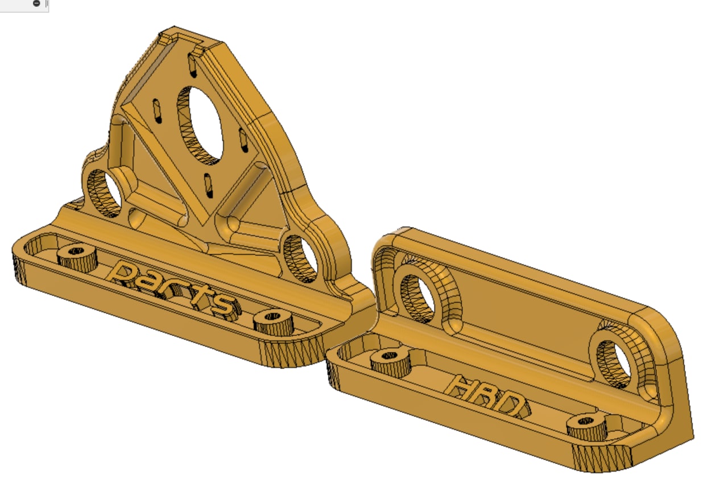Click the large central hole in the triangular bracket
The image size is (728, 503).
[200, 126]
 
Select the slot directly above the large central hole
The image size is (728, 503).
[192, 66]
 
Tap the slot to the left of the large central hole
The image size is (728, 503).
[158, 111]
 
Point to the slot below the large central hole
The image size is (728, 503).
[209, 185]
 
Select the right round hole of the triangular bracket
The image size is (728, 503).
[301, 259]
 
